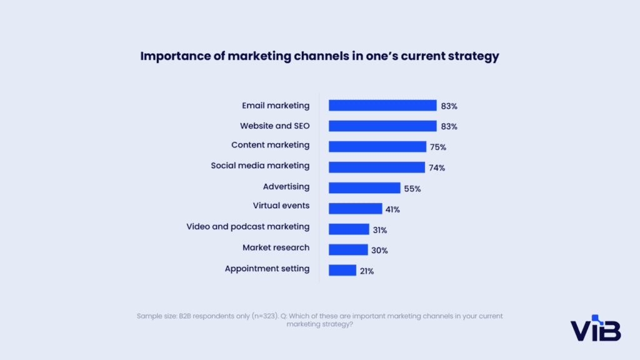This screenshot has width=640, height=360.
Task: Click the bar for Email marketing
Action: (382, 106)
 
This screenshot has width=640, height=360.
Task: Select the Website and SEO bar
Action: (382, 126)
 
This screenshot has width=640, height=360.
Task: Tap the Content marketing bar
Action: (377, 146)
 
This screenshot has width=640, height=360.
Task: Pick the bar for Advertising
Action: (364, 187)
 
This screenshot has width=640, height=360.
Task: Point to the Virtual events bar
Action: (355, 208)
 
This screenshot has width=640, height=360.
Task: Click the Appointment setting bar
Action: (342, 270)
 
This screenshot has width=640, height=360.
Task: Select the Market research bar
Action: (348, 249)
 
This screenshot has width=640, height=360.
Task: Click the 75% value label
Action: (438, 147)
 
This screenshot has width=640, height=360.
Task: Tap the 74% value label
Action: (437, 167)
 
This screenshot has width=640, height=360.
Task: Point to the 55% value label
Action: (412, 188)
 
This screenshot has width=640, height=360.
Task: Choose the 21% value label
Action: (367, 271)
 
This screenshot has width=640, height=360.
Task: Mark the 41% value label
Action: (392, 209)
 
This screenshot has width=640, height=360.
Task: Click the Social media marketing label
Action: (260, 166)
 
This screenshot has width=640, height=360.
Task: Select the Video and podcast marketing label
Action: (247, 226)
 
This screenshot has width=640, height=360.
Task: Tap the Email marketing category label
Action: (276, 106)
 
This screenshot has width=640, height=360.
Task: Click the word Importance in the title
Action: (175, 56)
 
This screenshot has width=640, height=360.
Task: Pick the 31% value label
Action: (380, 229)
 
